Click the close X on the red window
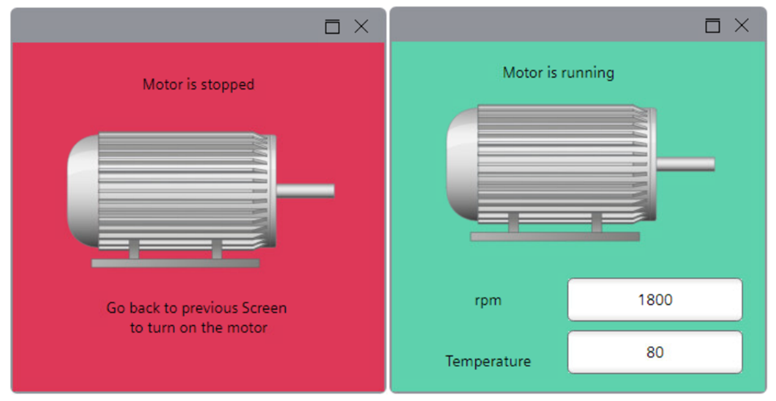[361, 27]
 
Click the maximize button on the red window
[332, 27]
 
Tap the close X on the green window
[742, 25]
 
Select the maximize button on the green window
[712, 25]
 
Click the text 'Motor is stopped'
[199, 84]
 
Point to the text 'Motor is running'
[558, 73]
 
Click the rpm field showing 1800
[655, 299]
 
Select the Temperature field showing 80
[655, 352]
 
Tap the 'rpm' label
[488, 300]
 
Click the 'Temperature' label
[488, 361]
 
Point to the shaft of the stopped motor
[306, 191]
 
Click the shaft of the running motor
[686, 164]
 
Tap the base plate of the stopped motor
[175, 263]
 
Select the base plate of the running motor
[555, 236]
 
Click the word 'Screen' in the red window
[264, 308]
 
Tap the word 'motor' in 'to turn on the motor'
[248, 328]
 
